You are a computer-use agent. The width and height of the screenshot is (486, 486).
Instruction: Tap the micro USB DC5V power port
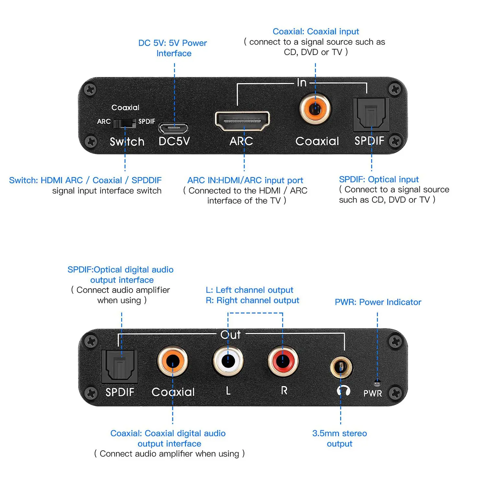173,128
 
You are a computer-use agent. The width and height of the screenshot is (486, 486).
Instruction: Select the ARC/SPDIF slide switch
124,123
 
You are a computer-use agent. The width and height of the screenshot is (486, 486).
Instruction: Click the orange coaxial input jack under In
315,109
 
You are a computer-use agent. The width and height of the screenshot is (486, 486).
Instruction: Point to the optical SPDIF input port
371,115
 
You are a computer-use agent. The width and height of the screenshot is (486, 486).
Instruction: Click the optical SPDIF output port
120,366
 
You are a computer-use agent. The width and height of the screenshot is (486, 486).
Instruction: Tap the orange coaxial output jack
172,361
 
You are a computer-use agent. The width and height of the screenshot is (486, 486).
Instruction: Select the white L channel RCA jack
228,360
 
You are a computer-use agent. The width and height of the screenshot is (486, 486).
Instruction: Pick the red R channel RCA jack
283,360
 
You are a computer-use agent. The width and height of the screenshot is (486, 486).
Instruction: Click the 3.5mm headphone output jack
341,367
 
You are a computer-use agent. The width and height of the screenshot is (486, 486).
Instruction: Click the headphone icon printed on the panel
343,391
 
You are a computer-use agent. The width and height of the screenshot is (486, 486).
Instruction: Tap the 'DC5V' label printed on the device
174,141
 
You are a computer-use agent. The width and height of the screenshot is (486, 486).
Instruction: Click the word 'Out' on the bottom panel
230,335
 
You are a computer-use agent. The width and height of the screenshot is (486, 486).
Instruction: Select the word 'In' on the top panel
302,83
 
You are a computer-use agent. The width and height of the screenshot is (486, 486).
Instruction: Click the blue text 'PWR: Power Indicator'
378,302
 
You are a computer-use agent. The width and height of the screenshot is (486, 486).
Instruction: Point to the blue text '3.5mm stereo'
339,433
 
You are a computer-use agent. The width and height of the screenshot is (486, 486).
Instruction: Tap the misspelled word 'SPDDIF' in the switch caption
146,180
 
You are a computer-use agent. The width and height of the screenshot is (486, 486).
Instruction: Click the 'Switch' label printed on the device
127,142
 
